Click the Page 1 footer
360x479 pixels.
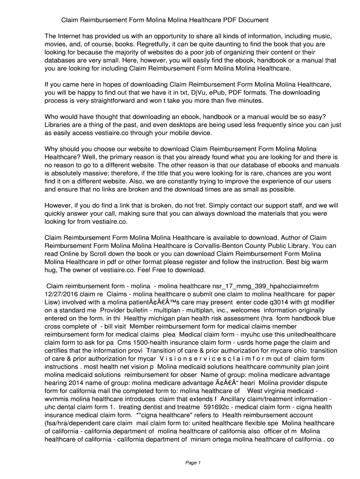coord(193,463)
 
